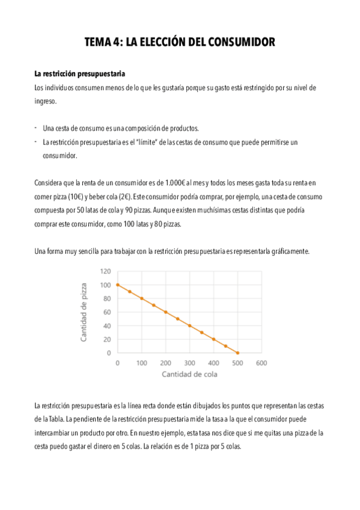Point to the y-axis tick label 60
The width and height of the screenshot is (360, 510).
108,312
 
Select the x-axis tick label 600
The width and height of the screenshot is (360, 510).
261,363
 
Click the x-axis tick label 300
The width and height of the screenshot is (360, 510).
189,363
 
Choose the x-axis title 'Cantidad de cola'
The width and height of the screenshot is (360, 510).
189,374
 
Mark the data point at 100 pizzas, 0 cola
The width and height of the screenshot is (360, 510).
118,284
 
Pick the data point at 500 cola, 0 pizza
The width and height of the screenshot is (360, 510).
237,353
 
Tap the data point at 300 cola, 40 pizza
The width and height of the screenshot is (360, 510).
189,325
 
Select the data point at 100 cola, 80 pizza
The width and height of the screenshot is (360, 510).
142,298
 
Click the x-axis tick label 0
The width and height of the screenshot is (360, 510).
118,363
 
